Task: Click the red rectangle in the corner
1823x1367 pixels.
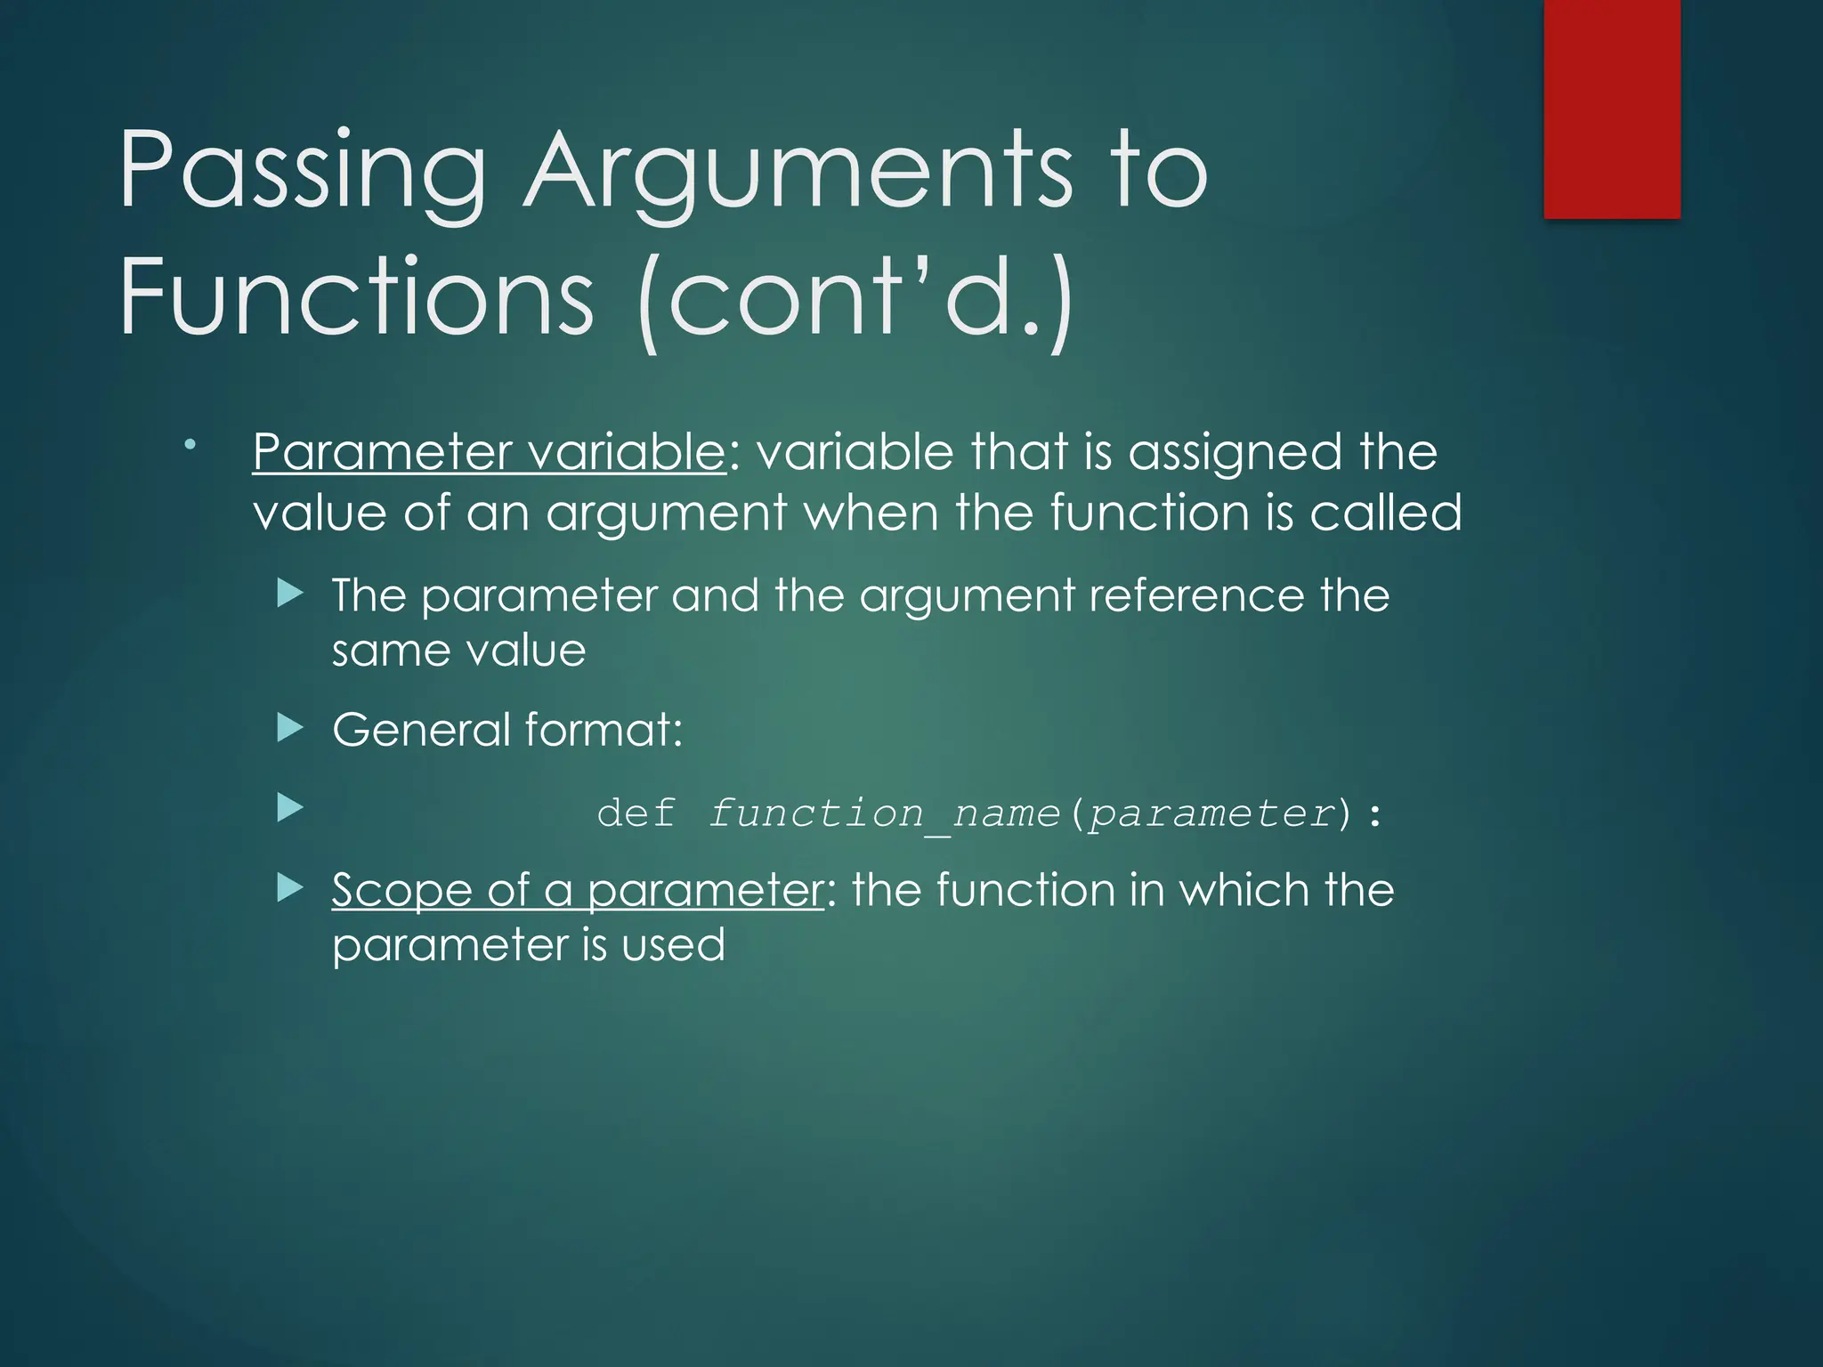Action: coord(1611,109)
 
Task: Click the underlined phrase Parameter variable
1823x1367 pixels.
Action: coord(490,452)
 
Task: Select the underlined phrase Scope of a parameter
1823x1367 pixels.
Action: coord(578,890)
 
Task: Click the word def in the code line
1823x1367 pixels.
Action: coord(636,813)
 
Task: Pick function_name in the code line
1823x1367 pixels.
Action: coord(885,813)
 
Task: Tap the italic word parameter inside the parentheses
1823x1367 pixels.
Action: coord(1212,813)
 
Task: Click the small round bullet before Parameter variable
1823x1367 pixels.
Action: coord(190,443)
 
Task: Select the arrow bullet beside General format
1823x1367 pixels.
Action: coord(290,729)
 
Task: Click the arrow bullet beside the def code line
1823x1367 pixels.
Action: coord(290,808)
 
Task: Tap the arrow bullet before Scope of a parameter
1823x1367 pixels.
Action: coord(290,887)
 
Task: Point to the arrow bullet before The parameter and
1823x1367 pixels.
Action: coord(290,593)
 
